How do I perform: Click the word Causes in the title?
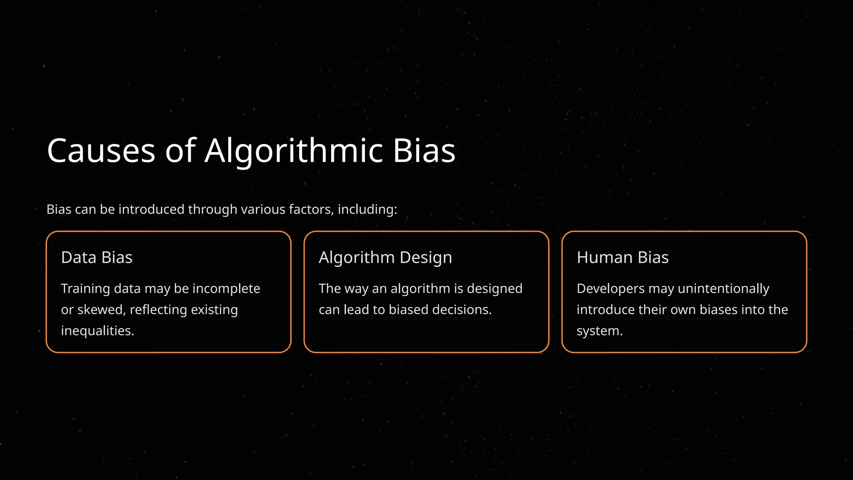pos(101,150)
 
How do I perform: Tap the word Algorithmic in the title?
pos(294,150)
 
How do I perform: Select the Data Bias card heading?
pos(97,257)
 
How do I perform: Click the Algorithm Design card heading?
pos(385,257)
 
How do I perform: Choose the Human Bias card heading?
pos(623,257)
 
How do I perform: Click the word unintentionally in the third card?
pos(723,288)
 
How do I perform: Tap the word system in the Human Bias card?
pos(599,331)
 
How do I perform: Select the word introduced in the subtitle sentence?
pos(151,209)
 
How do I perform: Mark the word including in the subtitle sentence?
pos(367,209)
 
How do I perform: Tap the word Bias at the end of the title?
pos(424,150)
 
